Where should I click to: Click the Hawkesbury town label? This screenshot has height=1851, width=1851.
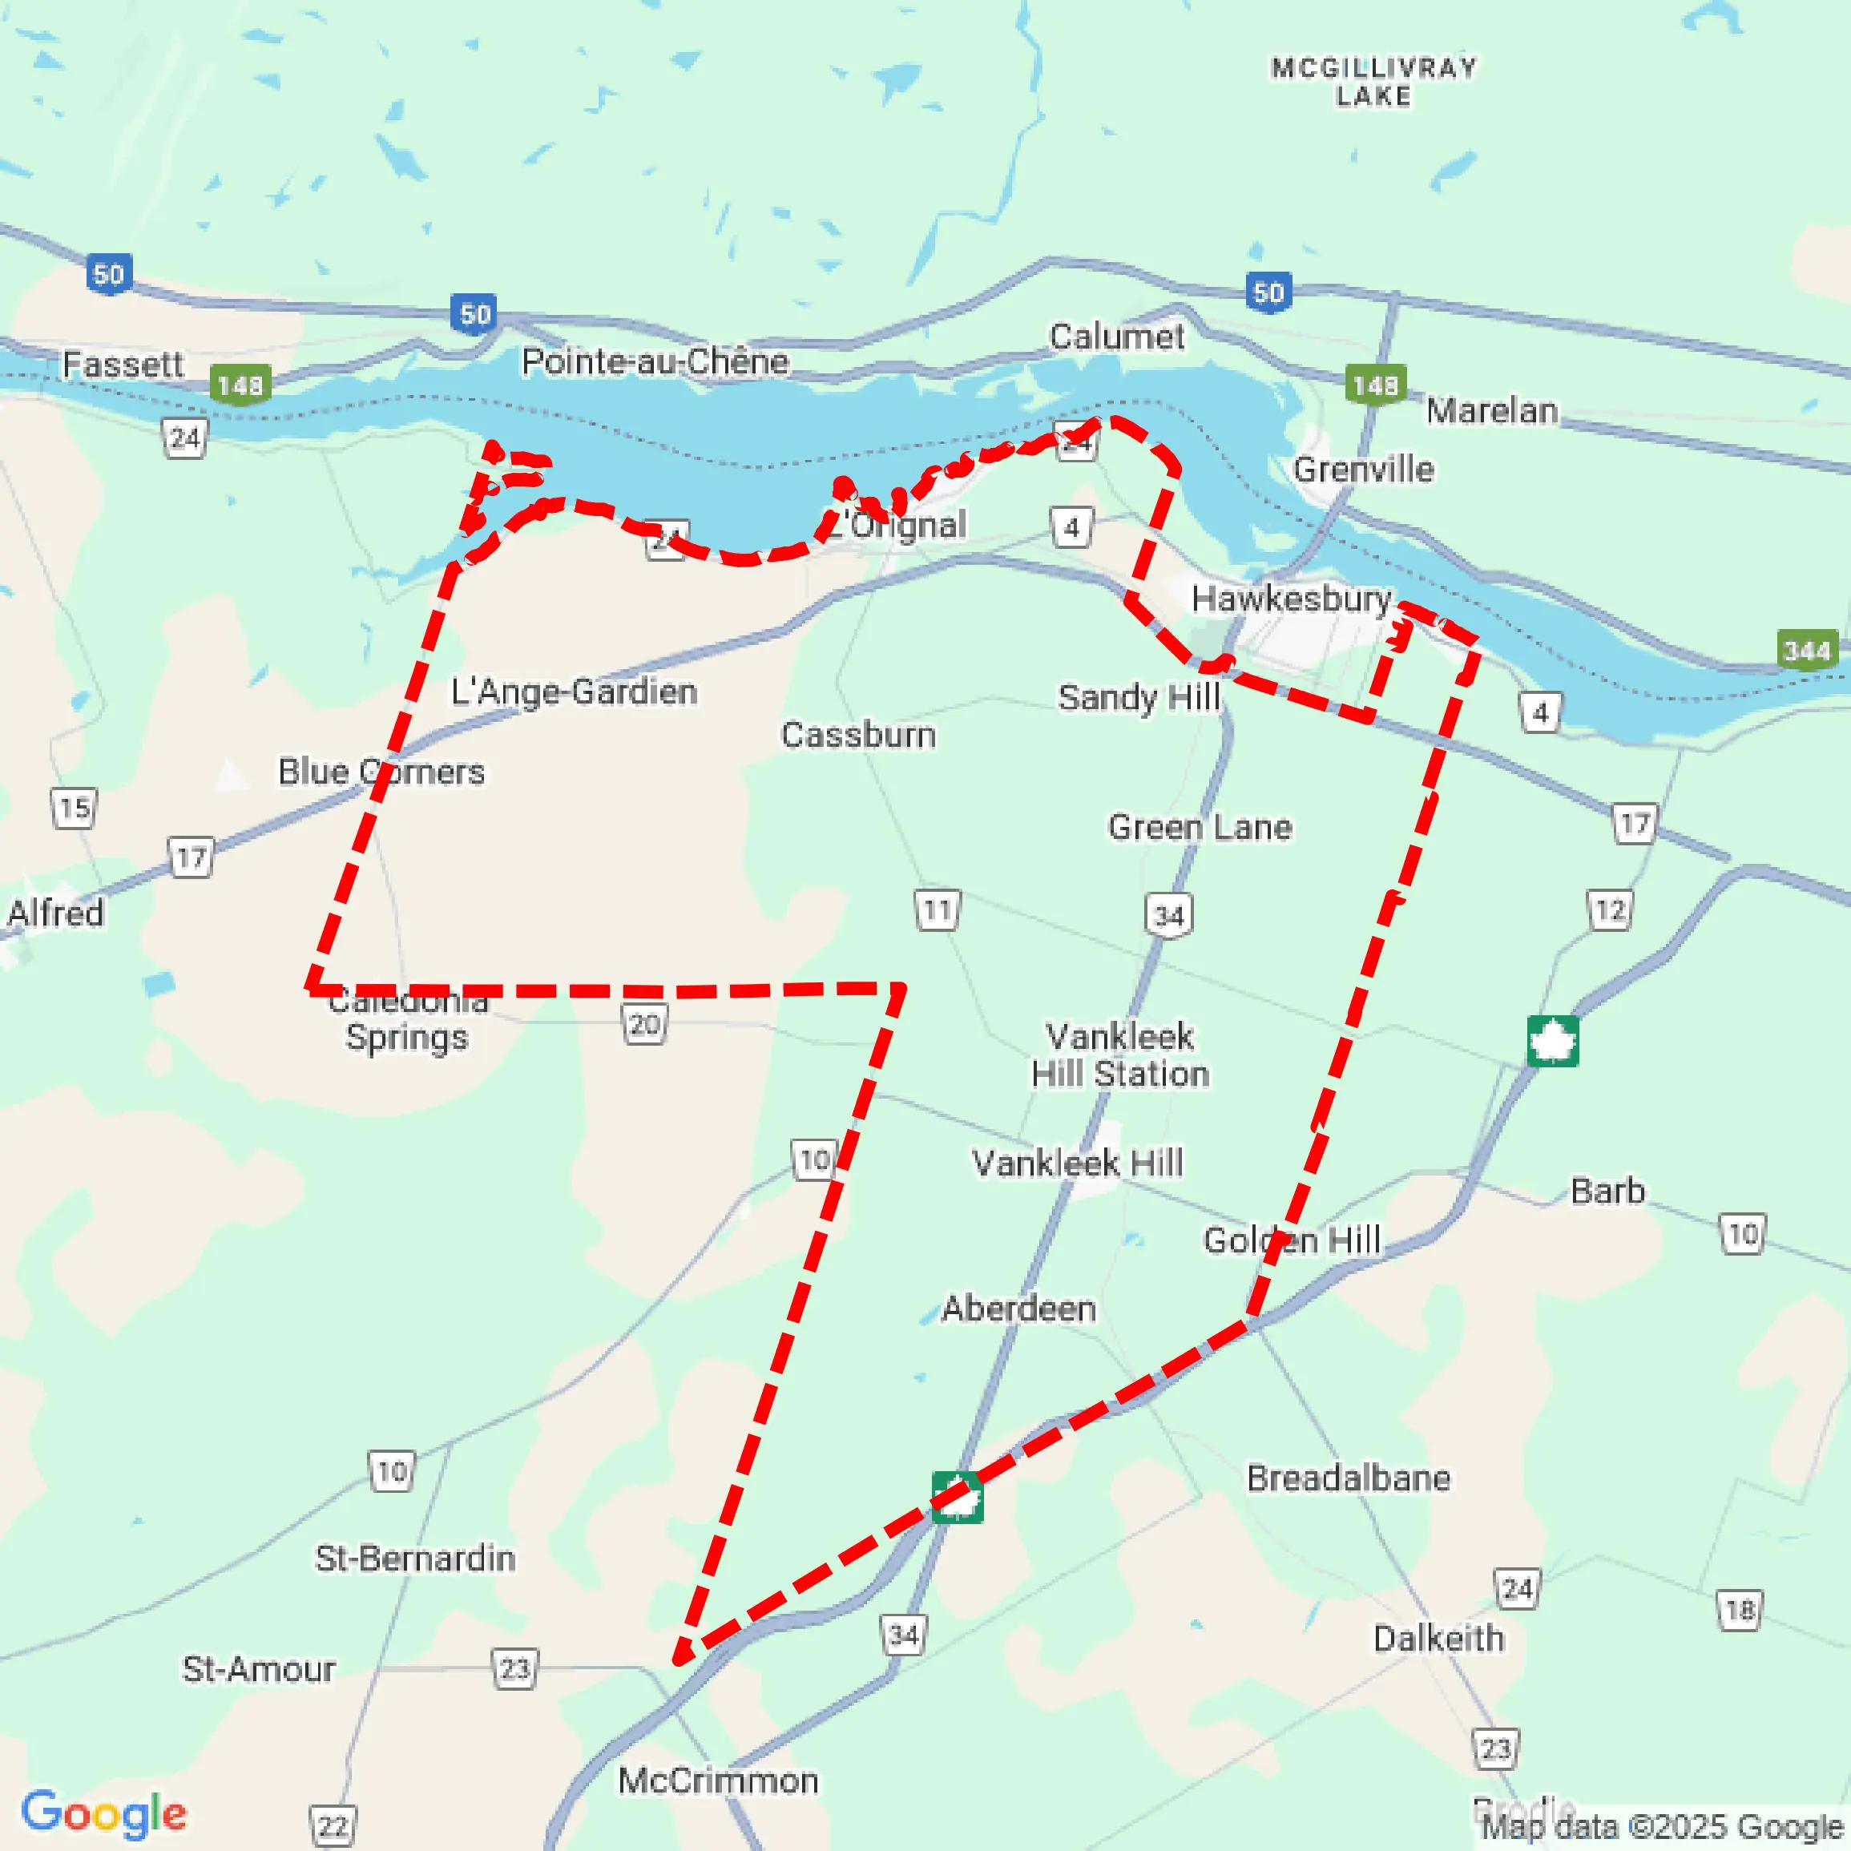point(1291,599)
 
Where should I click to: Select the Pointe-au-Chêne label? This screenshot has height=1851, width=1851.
point(655,361)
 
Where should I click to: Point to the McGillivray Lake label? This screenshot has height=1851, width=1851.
point(1374,82)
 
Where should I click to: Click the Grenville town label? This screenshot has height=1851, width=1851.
point(1363,469)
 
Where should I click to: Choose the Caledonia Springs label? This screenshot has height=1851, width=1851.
point(407,1019)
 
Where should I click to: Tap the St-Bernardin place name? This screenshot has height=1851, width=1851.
point(415,1558)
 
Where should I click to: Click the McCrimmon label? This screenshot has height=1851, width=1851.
point(718,1780)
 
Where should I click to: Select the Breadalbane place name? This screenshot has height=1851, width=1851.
point(1348,1478)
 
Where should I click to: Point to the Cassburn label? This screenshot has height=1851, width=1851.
point(857,735)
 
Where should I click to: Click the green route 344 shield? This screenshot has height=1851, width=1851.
point(1807,651)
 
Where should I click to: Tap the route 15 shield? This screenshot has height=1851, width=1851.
point(74,808)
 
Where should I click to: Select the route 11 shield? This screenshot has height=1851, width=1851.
point(937,909)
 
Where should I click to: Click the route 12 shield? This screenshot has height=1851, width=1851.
point(1610,909)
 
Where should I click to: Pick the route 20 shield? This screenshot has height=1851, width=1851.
point(643,1025)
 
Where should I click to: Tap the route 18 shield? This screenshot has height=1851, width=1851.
point(1739,1610)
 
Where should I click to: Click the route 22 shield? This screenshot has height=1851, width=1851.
point(333,1826)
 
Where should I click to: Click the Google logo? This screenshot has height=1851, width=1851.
point(103,1813)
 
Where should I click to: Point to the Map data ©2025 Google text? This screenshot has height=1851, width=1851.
point(1662,1826)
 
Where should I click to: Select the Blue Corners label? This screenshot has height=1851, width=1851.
point(381,771)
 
